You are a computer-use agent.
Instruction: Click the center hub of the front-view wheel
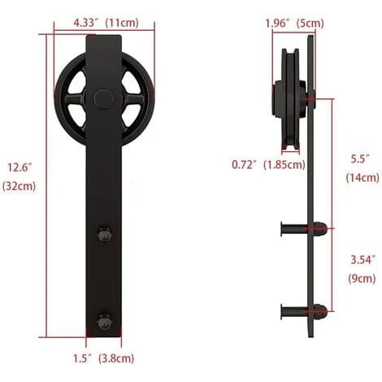(103, 99)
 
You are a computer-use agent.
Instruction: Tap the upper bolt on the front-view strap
(104, 236)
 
